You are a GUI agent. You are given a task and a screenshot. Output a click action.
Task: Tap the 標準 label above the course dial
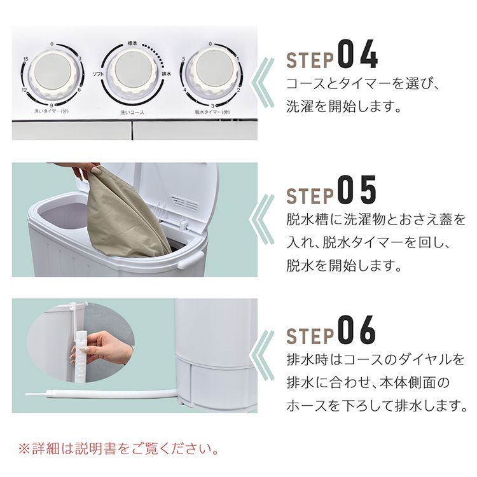click(x=132, y=41)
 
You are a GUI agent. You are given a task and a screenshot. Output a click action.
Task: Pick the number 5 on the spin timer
click(x=183, y=59)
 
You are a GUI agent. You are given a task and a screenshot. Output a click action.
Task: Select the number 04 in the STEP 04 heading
click(x=357, y=56)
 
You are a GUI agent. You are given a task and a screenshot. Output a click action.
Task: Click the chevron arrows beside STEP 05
click(x=265, y=220)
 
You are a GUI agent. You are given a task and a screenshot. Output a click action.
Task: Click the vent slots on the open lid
click(x=184, y=203)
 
